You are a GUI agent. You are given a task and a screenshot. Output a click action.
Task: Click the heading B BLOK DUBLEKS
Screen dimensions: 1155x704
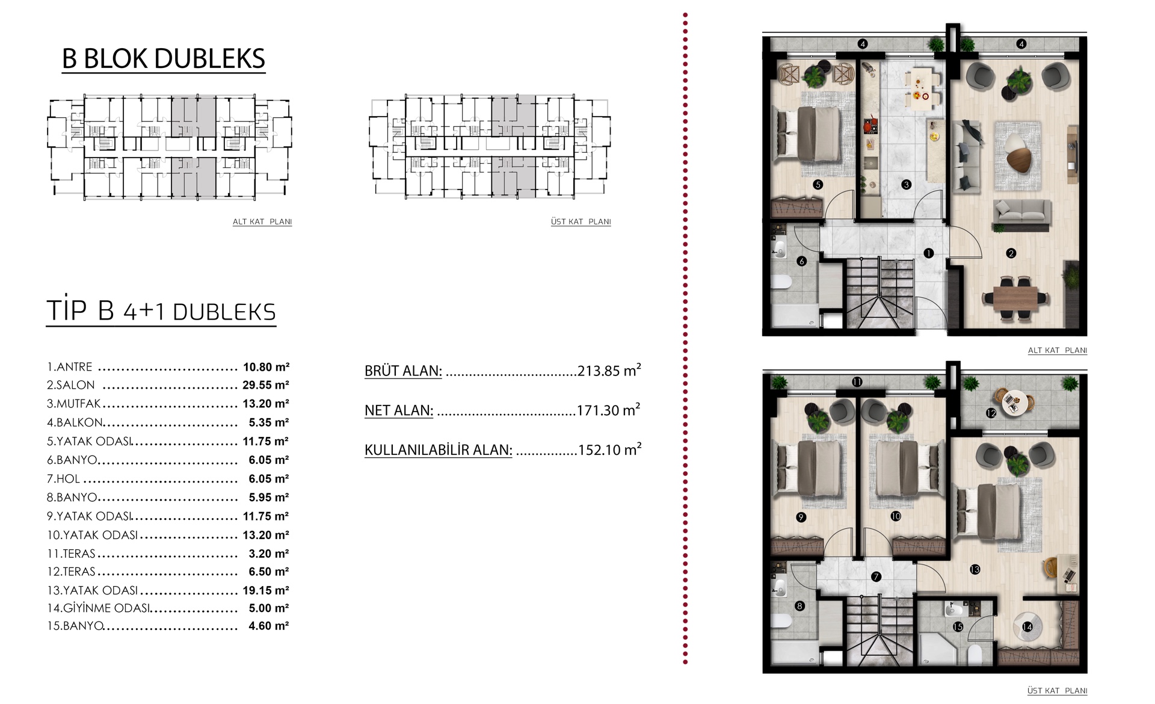164,59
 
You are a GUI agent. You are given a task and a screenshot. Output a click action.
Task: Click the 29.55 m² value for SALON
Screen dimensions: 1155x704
266,385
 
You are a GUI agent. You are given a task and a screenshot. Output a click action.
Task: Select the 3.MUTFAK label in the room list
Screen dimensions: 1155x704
73,404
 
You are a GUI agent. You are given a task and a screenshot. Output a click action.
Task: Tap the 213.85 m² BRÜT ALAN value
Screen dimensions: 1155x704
609,370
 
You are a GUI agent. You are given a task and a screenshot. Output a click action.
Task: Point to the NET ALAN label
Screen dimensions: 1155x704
399,410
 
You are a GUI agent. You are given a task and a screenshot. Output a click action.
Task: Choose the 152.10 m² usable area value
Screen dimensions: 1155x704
610,449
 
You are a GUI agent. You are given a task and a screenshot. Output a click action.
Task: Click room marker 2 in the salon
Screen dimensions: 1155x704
1011,253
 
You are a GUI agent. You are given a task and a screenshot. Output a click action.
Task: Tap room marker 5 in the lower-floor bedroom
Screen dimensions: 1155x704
818,185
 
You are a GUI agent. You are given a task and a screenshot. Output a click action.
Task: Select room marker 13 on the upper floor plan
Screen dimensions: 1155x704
975,569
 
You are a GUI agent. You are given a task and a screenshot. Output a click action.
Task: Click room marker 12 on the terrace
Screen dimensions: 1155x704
991,413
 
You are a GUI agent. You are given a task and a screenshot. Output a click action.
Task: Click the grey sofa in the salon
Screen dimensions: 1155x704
1022,215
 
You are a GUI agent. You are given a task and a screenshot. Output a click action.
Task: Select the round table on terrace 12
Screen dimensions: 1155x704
1014,402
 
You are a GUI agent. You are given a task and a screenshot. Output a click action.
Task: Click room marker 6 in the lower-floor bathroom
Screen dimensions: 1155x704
801,261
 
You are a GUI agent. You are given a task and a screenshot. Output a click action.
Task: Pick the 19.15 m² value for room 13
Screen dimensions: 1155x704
266,591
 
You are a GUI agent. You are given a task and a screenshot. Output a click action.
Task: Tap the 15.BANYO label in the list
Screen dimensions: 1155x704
75,626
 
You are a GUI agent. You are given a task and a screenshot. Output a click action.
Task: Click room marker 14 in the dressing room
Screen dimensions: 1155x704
1027,627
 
